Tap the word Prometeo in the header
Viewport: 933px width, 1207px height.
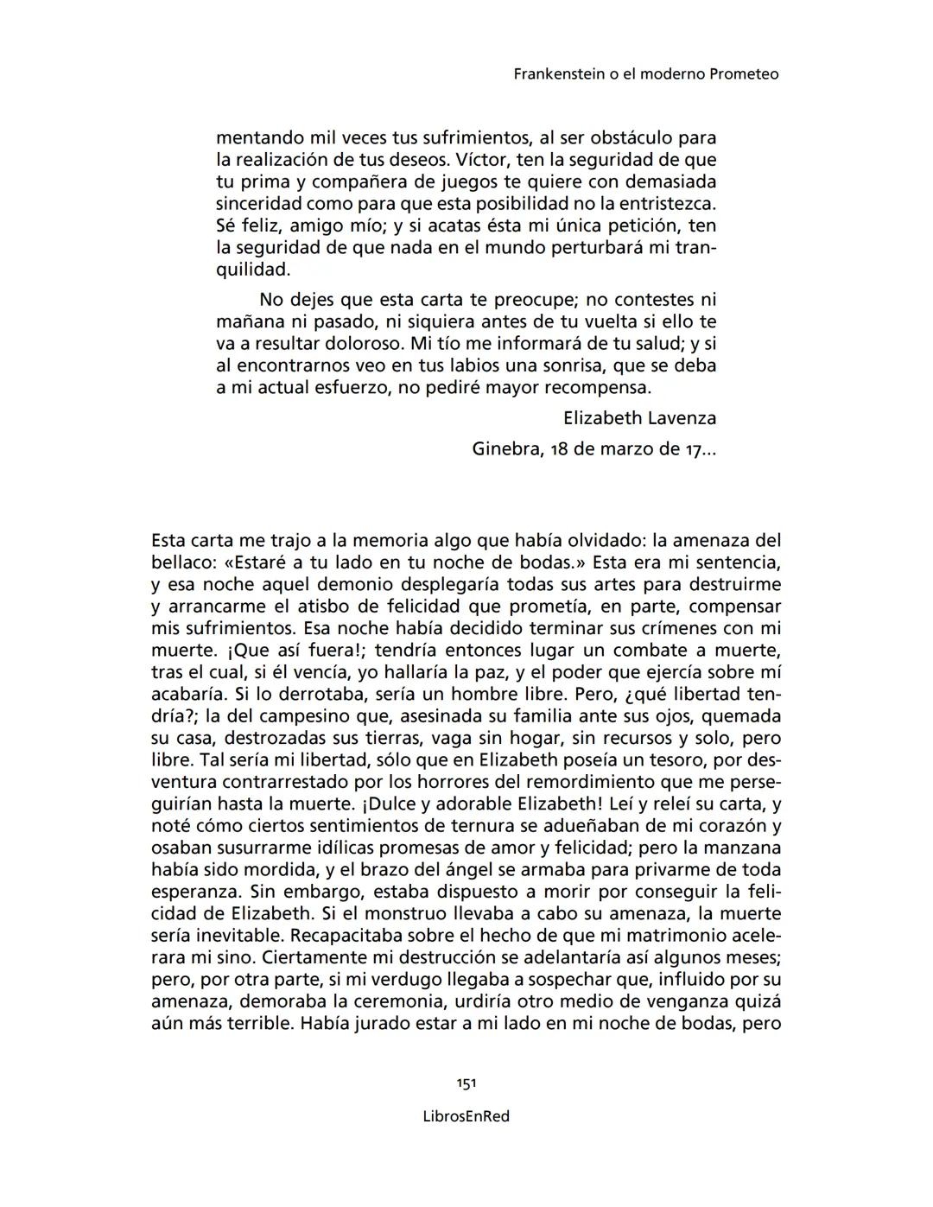pos(744,74)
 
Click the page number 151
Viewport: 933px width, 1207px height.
pos(466,1083)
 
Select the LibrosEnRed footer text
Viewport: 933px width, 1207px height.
pos(466,1116)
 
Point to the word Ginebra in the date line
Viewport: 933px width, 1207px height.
pos(505,449)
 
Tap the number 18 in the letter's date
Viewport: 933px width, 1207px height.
pos(559,449)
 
